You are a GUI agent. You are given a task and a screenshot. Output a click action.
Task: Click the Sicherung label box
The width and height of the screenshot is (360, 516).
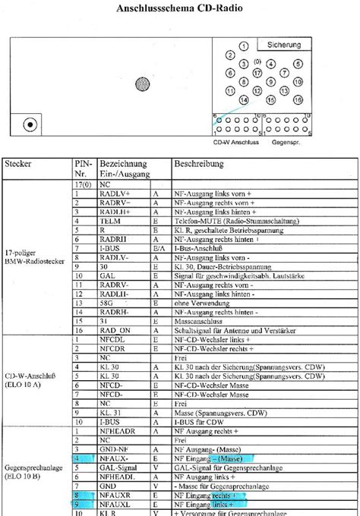[283, 45]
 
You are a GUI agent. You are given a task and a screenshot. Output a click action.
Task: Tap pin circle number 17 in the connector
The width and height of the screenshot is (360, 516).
[257, 73]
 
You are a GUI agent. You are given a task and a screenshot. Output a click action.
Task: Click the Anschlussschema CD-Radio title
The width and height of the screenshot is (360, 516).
[179, 9]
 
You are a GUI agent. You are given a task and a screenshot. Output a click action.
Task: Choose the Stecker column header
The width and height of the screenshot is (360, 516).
[18, 163]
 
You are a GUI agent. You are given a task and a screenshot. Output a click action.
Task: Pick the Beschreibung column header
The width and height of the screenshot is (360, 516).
[198, 163]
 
